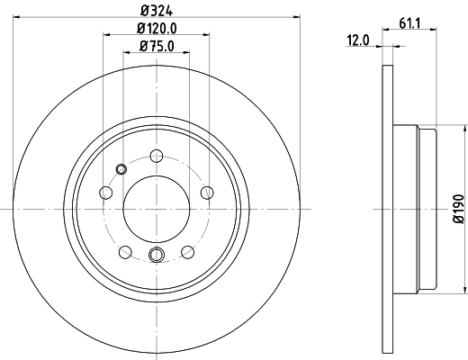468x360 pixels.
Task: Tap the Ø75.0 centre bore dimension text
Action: (x=157, y=46)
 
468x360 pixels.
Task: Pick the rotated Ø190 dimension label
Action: (x=457, y=208)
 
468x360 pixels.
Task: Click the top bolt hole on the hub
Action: (x=157, y=155)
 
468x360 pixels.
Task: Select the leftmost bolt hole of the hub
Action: (x=105, y=193)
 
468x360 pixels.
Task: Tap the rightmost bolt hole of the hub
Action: (x=208, y=192)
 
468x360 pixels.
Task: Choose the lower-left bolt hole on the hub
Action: (x=125, y=253)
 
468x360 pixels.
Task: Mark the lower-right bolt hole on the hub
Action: (x=188, y=253)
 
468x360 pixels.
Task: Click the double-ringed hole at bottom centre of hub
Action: (x=157, y=255)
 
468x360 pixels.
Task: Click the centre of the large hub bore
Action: (x=157, y=208)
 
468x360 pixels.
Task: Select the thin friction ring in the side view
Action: (x=388, y=208)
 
